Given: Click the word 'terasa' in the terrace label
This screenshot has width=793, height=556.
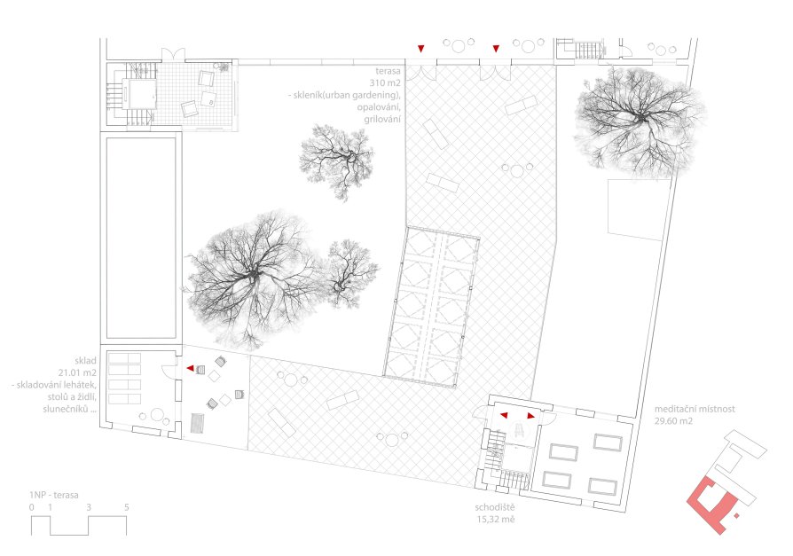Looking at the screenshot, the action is coord(388,71).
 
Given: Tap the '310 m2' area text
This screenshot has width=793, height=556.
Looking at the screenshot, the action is coord(384,82).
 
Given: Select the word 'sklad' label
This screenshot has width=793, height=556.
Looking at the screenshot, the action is coord(85,361).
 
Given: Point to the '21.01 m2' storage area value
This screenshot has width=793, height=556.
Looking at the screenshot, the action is coord(77,373).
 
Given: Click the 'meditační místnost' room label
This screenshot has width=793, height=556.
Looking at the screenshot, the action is coord(695,410).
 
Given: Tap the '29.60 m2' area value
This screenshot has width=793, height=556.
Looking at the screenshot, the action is coord(673,421).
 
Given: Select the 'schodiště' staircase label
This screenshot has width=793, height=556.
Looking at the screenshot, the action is coord(494,507).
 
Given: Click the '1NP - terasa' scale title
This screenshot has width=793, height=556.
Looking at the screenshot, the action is coord(53,496).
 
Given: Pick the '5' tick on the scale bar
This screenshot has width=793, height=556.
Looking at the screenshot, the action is coord(127,507).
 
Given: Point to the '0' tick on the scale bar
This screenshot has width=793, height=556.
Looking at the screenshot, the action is coord(32,507).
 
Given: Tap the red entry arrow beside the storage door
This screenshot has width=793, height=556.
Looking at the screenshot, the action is coord(190,369).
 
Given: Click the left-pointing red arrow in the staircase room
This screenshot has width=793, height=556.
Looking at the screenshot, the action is coord(504,416).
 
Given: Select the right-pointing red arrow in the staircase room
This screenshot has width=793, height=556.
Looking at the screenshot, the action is coord(530,416).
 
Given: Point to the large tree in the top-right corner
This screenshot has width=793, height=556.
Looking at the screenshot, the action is coord(640,121).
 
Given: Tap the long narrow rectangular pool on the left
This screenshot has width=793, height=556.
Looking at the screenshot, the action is coord(141,237).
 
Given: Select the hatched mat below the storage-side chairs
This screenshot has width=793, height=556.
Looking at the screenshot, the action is coord(197,424).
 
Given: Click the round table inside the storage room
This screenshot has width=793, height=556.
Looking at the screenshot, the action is coord(157,415).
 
